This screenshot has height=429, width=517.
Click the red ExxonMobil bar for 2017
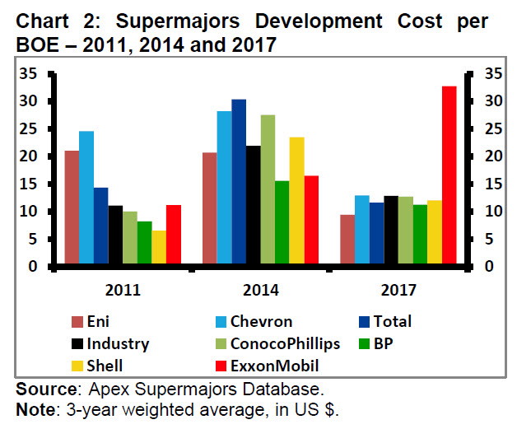pos(449,176)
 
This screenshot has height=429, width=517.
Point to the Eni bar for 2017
pos(347,240)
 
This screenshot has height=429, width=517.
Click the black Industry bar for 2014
pos(254,206)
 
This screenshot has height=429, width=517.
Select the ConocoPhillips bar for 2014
pos(268,190)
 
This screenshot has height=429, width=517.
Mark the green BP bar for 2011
pos(144,244)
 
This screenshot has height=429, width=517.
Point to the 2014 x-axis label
pos(261,290)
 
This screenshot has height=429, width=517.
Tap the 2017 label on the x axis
pos(398,290)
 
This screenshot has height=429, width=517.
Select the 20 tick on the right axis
pos(491,156)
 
